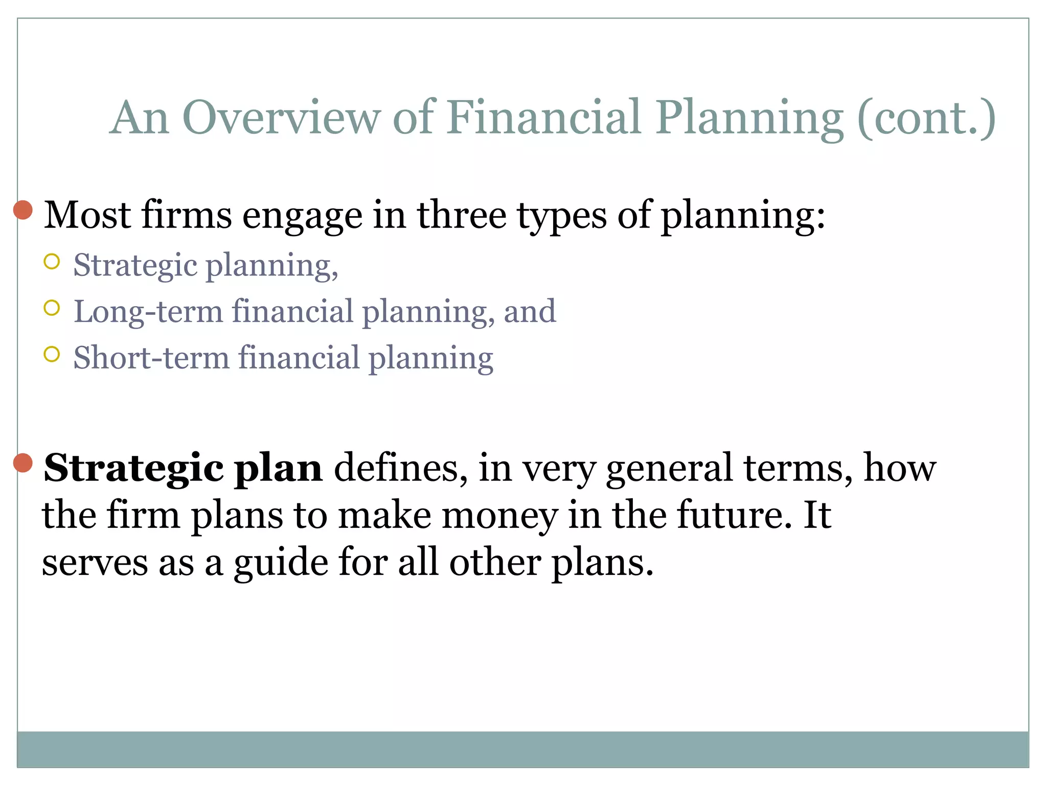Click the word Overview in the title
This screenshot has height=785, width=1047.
(281, 118)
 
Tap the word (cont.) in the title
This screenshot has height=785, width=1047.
(926, 118)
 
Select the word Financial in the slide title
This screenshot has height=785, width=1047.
(544, 118)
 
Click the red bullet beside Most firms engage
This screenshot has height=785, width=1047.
(23, 210)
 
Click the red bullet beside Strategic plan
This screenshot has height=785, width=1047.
(23, 463)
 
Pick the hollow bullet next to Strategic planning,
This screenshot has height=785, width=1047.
(52, 262)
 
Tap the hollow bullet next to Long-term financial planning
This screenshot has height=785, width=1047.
(52, 308)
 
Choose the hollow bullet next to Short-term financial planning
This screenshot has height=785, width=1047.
(52, 354)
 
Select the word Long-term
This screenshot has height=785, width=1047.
(148, 312)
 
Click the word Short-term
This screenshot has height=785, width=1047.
(151, 358)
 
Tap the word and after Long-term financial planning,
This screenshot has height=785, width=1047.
(530, 312)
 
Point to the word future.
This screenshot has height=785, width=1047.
(731, 515)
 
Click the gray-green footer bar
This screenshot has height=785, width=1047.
(522, 749)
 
